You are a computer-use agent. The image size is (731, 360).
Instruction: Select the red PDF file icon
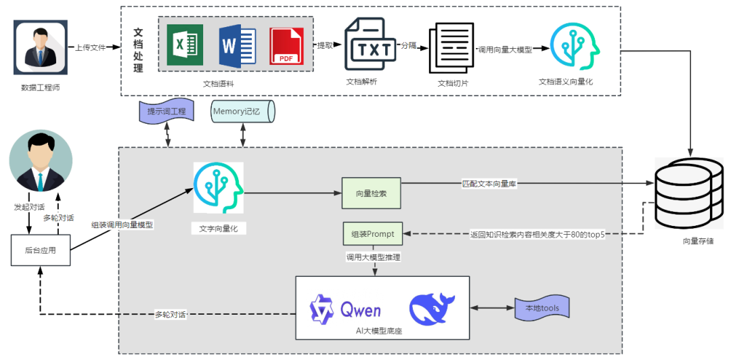(287, 46)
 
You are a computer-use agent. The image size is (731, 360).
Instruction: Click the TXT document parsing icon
(370, 45)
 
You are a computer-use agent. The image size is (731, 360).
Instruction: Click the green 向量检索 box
(371, 194)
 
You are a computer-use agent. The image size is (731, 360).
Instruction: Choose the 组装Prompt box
(372, 234)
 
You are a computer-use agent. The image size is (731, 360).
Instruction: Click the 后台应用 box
(40, 250)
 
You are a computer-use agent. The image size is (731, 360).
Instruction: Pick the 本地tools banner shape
(543, 309)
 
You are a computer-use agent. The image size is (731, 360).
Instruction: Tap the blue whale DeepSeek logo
(432, 308)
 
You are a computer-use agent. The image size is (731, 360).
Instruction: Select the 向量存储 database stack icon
(690, 192)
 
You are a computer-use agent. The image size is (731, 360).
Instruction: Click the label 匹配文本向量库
(493, 183)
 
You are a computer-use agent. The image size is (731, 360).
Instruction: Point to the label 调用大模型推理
(372, 258)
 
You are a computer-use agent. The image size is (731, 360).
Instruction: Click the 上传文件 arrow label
(93, 49)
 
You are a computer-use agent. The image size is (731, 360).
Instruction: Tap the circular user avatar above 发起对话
(41, 162)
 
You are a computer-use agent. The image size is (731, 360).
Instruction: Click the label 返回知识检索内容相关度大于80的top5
(537, 234)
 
